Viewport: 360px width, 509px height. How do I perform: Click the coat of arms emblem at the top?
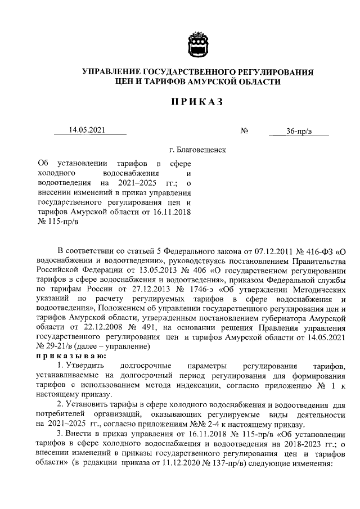[x=197, y=44]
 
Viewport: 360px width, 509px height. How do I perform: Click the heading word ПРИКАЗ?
[x=197, y=101]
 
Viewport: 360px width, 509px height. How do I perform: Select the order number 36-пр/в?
[x=299, y=132]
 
